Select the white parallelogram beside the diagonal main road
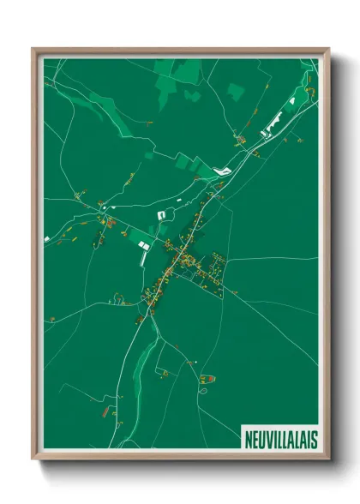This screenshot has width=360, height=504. click(x=222, y=171)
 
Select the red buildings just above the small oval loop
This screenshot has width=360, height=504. click(x=207, y=377)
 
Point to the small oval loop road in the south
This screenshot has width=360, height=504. click(x=204, y=390)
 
